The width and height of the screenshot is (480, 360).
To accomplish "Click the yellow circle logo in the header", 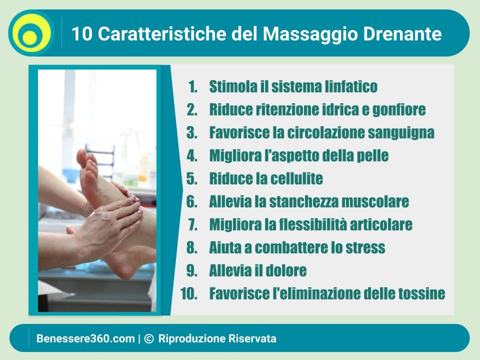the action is [x=31, y=33].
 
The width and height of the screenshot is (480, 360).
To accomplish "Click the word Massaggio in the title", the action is [x=310, y=34].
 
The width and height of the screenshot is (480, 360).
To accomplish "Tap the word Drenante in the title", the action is [x=402, y=33].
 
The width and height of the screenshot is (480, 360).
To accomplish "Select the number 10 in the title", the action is [x=81, y=33].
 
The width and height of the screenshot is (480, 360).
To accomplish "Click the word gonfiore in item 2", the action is [x=399, y=110].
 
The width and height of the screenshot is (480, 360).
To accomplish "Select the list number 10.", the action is [x=189, y=293].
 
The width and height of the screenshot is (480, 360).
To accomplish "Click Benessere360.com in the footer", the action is [x=85, y=338].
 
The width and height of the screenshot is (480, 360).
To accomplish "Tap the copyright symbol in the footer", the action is [x=149, y=338].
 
